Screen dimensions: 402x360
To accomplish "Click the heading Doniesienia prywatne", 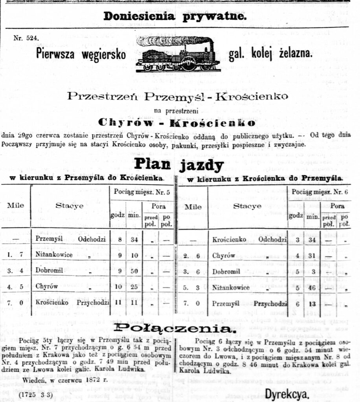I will click(x=175, y=16).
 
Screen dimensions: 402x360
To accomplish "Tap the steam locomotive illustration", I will click(x=178, y=54).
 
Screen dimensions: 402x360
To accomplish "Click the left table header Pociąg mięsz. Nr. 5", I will click(x=142, y=193).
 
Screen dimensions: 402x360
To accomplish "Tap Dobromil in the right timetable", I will click(x=226, y=271).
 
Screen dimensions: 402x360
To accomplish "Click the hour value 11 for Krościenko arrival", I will click(x=118, y=303).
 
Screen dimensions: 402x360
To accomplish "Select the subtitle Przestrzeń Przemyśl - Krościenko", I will click(x=177, y=96).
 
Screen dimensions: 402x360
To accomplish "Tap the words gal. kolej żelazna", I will click(x=271, y=54).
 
